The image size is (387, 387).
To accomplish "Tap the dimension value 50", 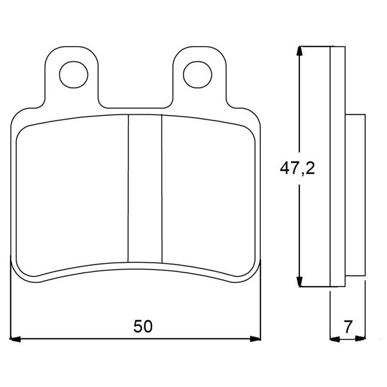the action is (x=143, y=326).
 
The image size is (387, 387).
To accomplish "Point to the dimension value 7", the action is (x=348, y=327).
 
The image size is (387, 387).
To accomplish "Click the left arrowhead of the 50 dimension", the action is (x=15, y=339).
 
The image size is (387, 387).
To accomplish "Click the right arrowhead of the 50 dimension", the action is (x=255, y=339).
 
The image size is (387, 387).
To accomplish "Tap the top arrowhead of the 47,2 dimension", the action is (x=299, y=51).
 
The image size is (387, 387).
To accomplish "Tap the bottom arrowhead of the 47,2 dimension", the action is (x=299, y=282).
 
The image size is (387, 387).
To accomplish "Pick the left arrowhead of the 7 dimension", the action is (x=335, y=339).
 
